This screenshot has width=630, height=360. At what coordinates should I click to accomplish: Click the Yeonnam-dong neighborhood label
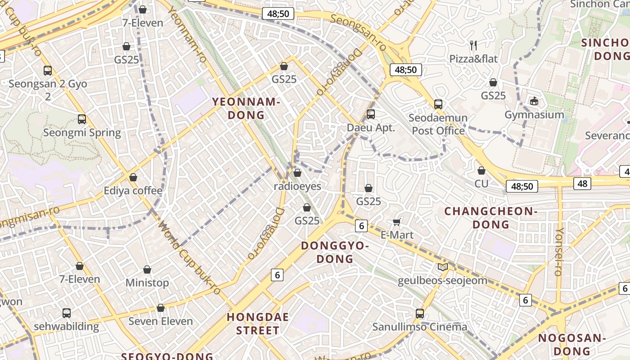pyautogui.click(x=246, y=108)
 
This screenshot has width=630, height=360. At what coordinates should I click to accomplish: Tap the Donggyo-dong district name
pyautogui.click(x=335, y=252)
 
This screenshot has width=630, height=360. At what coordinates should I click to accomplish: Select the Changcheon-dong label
pyautogui.click(x=490, y=218)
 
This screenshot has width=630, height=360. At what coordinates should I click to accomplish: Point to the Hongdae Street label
pyautogui.click(x=258, y=324)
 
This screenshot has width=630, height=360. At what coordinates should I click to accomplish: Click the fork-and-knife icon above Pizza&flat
pyautogui.click(x=473, y=45)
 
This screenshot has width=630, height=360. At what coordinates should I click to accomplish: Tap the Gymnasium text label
pyautogui.click(x=534, y=115)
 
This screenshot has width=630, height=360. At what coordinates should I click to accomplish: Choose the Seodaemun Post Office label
pyautogui.click(x=438, y=124)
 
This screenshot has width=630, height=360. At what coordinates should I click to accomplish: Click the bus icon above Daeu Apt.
pyautogui.click(x=370, y=114)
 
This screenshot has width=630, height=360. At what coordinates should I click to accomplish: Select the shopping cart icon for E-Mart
pyautogui.click(x=397, y=221)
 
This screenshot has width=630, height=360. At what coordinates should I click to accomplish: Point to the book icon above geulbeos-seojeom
pyautogui.click(x=443, y=267)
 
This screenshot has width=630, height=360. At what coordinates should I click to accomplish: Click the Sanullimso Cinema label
pyautogui.click(x=419, y=327)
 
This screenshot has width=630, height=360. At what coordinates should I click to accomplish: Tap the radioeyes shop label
pyautogui.click(x=298, y=186)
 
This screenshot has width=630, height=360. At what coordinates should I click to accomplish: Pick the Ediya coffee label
pyautogui.click(x=133, y=191)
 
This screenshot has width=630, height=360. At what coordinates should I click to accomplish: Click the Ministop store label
pyautogui.click(x=147, y=283)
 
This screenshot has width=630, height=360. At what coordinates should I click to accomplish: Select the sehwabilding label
pyautogui.click(x=66, y=327)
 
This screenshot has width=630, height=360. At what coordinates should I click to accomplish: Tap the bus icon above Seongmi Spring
pyautogui.click(x=82, y=119)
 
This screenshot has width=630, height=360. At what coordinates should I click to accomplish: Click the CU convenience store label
pyautogui.click(x=481, y=184)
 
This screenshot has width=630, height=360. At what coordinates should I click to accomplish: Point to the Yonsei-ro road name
pyautogui.click(x=559, y=252)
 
